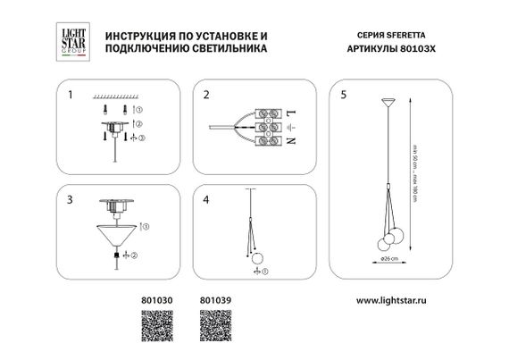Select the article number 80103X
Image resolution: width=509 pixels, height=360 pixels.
coord(413,50)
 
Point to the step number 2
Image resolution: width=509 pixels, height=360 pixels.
coord(205,93)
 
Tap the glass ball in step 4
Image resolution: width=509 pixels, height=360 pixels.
coord(258,259)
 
